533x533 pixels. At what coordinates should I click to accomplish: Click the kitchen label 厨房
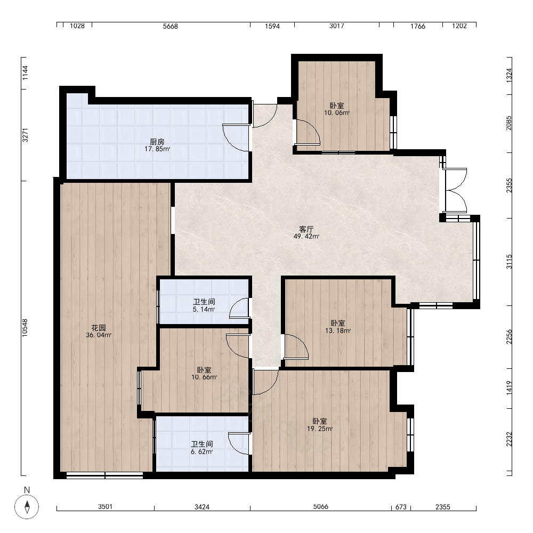point(157,141)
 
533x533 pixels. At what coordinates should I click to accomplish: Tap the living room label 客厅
point(306,229)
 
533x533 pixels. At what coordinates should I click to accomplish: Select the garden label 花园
point(99,328)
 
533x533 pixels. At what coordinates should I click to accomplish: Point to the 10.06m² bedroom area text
point(337,113)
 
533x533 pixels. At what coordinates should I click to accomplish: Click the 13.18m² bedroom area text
point(338,330)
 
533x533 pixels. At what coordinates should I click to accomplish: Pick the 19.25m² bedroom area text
point(320,429)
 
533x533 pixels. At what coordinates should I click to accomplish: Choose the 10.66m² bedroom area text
point(204,377)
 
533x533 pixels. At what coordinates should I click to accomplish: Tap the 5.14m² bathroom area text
point(204,309)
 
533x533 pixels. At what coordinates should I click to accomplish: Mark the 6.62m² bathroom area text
point(201,452)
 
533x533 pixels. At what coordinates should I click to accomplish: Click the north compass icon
point(27,507)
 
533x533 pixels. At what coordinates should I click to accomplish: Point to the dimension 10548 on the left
point(25,328)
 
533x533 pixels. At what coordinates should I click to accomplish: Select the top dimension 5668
point(171,26)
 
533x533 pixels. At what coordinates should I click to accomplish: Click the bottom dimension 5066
point(320,507)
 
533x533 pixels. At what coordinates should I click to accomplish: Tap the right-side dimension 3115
point(509,262)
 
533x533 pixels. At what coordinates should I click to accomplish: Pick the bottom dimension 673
point(401,507)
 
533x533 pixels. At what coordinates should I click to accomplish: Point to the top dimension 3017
point(336,26)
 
